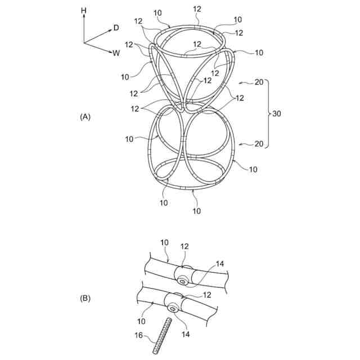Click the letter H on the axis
tap(83, 10)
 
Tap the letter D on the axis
tap(116, 27)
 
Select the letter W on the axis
tap(116, 53)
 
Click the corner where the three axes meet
tap(84, 43)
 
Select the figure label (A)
tap(85, 117)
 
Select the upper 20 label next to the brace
tap(259, 83)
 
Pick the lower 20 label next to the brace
tap(259, 144)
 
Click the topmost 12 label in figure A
tap(197, 9)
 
